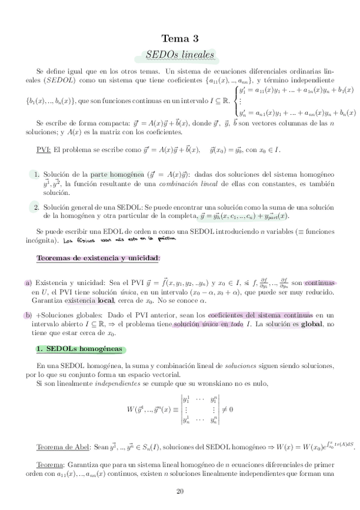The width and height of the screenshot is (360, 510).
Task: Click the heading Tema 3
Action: (x=180, y=37)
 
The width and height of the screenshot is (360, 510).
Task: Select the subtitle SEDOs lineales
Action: (x=180, y=55)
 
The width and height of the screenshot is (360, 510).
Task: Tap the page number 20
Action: (x=180, y=491)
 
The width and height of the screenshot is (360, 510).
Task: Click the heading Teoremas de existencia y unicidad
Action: (x=98, y=258)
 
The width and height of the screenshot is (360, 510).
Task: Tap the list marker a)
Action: (x=28, y=283)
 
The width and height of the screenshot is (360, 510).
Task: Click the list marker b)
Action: (x=28, y=315)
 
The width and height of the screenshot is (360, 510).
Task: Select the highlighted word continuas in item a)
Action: (x=320, y=282)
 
